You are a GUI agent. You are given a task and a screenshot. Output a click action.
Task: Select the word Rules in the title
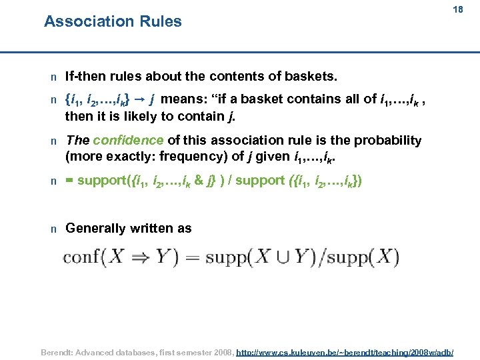160,21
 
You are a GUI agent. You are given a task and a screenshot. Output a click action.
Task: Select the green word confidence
128,140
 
